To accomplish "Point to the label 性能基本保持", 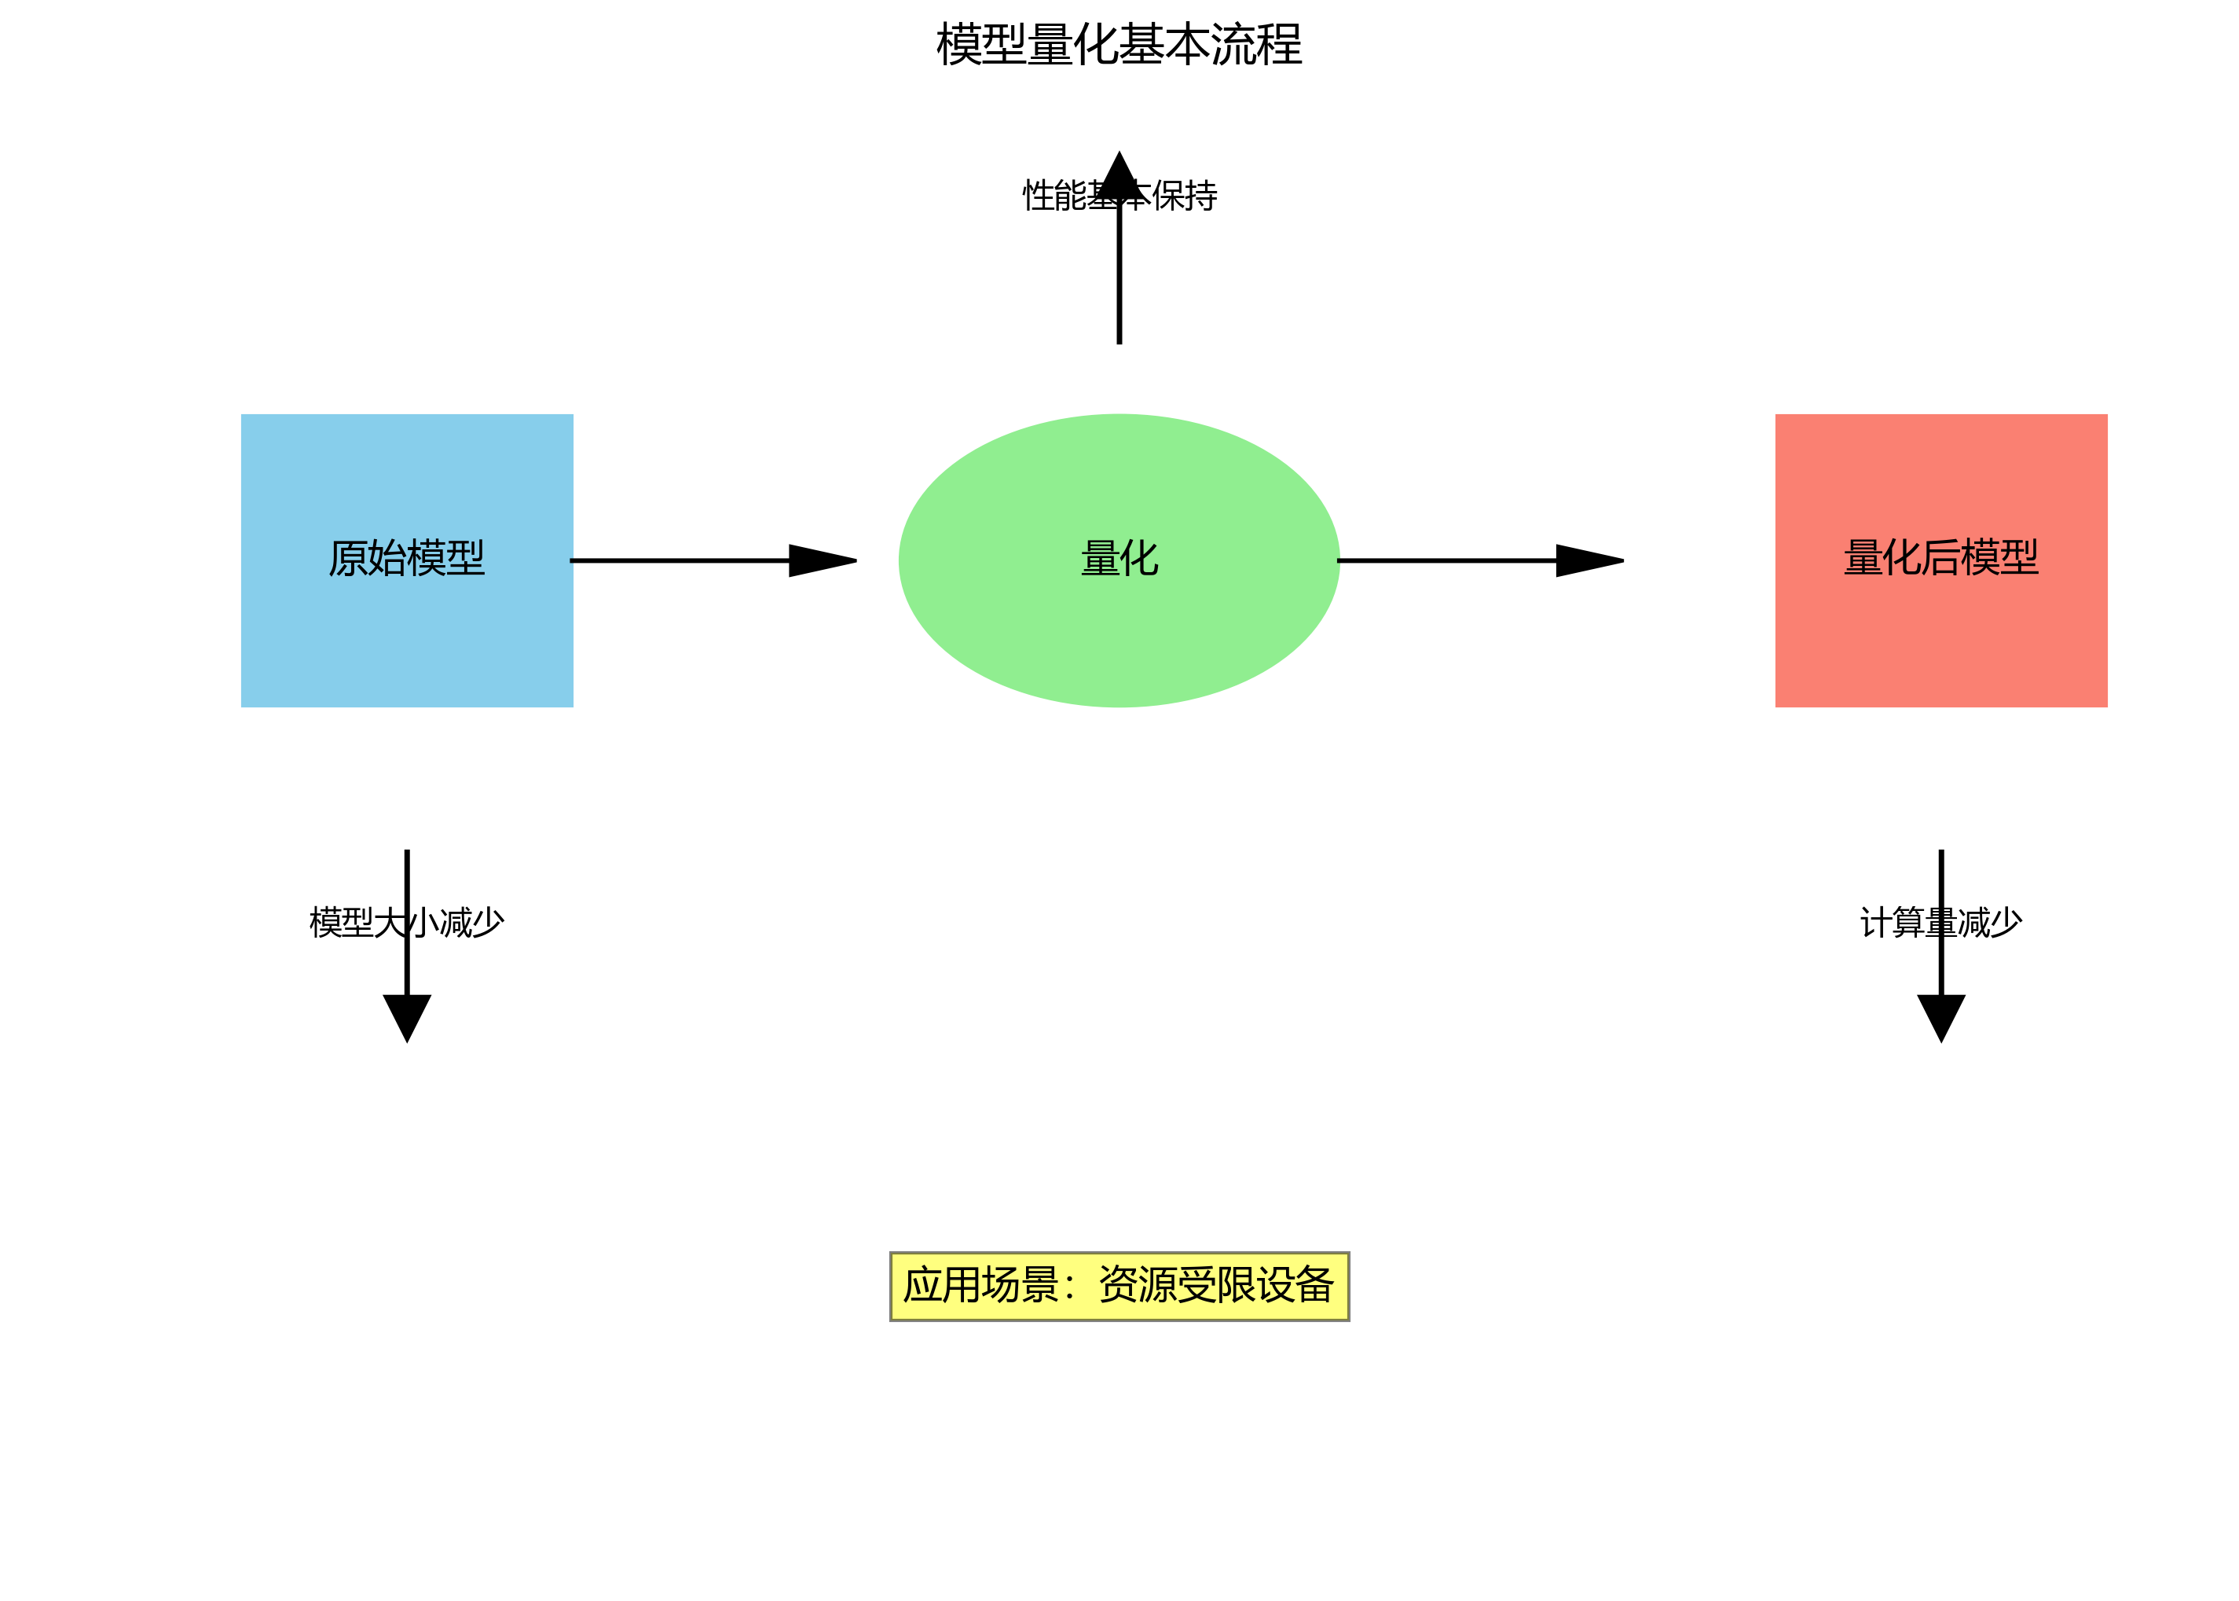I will (1119, 195).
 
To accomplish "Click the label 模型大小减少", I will (406, 923).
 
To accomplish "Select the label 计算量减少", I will (1940, 923).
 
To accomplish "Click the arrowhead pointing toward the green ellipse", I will (820, 561).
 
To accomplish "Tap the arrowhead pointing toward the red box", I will (1587, 561).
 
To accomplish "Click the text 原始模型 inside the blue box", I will (406, 558).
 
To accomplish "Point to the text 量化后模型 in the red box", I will (1940, 558).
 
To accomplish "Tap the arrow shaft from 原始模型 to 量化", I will (680, 561).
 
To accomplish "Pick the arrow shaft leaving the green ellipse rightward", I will (1446, 561).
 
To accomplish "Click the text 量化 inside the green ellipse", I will (1119, 558).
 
